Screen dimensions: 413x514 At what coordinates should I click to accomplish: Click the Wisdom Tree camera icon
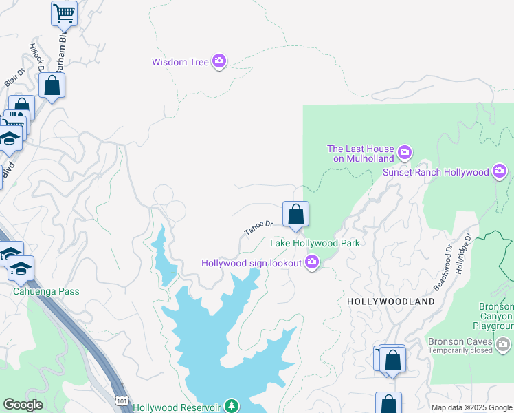219,62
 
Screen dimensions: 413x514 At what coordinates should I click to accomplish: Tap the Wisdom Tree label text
180,62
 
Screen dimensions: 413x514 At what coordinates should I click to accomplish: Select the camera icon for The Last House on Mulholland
405,151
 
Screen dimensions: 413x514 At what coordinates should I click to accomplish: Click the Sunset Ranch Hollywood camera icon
500,171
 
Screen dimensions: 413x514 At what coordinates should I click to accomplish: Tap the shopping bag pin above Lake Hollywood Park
295,214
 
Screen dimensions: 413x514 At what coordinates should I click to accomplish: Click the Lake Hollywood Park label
315,243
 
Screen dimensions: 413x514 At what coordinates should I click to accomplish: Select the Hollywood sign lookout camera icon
312,262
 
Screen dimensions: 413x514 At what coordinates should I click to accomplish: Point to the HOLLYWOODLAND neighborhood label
391,301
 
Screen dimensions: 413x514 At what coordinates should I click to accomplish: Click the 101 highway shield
121,399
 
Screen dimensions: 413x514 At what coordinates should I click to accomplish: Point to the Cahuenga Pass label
46,291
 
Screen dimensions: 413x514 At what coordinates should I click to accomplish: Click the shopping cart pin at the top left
64,12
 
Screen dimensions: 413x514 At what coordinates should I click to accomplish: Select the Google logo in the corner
23,405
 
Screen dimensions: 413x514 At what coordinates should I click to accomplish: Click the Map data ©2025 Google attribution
471,407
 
